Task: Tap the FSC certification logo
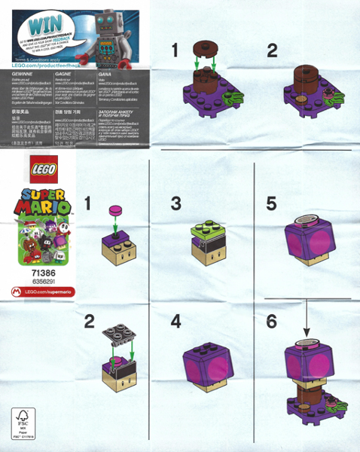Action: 20,420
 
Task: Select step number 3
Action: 175,203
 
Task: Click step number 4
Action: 175,321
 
